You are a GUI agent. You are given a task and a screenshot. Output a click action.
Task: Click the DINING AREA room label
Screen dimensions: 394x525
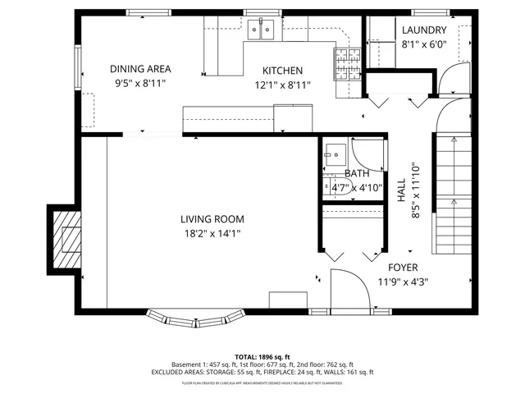pyautogui.click(x=142, y=69)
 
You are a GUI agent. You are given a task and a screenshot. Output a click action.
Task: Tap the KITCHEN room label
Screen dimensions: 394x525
pyautogui.click(x=282, y=71)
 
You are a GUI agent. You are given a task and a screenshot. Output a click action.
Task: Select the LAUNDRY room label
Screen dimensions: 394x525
pyautogui.click(x=424, y=31)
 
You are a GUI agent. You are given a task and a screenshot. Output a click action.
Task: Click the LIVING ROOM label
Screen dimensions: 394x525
pyautogui.click(x=212, y=218)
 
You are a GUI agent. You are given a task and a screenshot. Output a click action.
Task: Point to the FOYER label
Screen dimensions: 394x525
pyautogui.click(x=403, y=268)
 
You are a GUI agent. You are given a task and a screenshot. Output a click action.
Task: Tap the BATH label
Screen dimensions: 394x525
pyautogui.click(x=356, y=173)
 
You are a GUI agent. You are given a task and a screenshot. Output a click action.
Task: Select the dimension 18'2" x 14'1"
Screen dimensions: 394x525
pyautogui.click(x=212, y=233)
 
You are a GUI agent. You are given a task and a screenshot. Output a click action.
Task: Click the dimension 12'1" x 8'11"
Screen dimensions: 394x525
pyautogui.click(x=282, y=85)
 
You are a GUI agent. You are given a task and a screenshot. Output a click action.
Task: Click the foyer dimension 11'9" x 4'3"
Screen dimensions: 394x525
pyautogui.click(x=403, y=282)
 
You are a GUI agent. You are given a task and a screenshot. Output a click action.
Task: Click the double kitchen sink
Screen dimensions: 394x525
pyautogui.click(x=262, y=30)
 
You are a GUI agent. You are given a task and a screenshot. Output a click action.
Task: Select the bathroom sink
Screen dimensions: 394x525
pyautogui.click(x=335, y=153)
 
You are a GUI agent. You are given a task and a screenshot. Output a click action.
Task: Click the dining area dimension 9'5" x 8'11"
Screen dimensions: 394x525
pyautogui.click(x=142, y=83)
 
